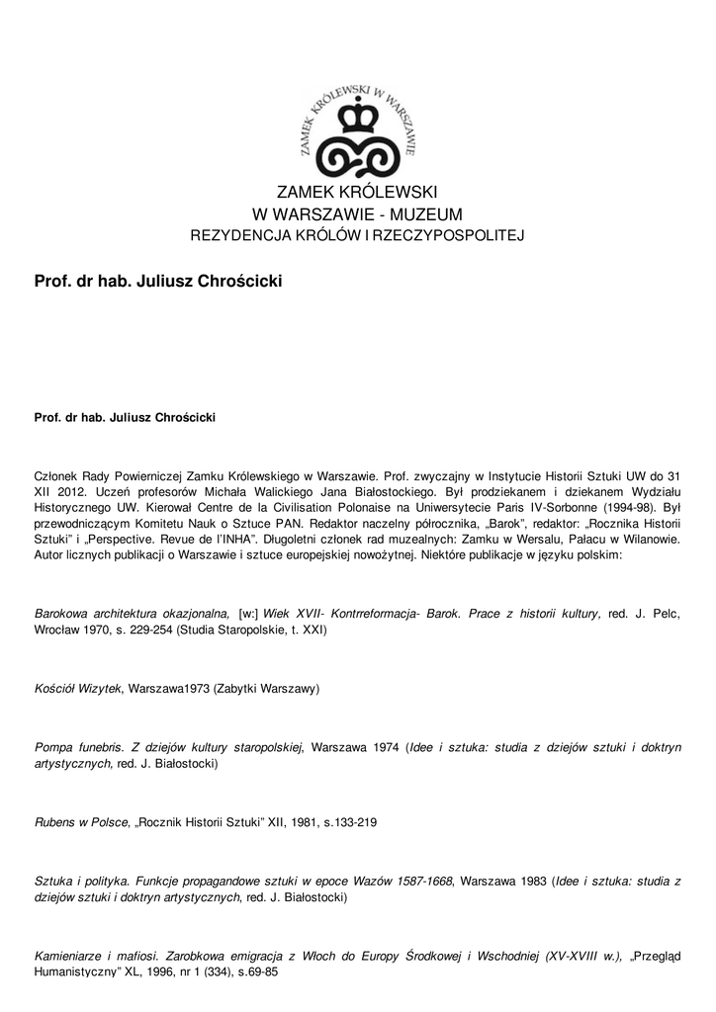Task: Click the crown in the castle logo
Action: click(357, 119)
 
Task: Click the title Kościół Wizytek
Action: click(77, 688)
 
